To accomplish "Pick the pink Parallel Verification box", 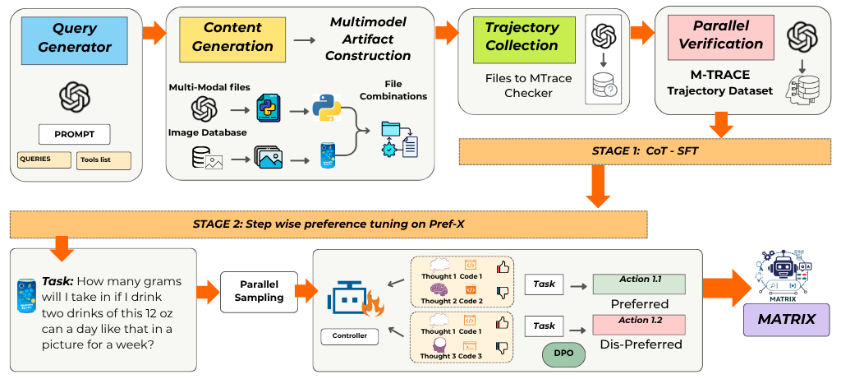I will pos(715,38).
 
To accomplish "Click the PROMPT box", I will pos(74,133).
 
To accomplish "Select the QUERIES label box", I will pos(44,159).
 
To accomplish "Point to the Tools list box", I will pos(103,160).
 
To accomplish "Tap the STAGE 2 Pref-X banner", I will pos(329,223).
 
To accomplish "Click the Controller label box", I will pos(349,335).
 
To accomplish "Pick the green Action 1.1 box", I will pos(639,284).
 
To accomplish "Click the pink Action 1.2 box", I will pos(639,324).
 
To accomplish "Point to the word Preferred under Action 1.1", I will pos(639,303).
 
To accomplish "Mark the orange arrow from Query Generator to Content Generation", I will pos(153,35).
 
